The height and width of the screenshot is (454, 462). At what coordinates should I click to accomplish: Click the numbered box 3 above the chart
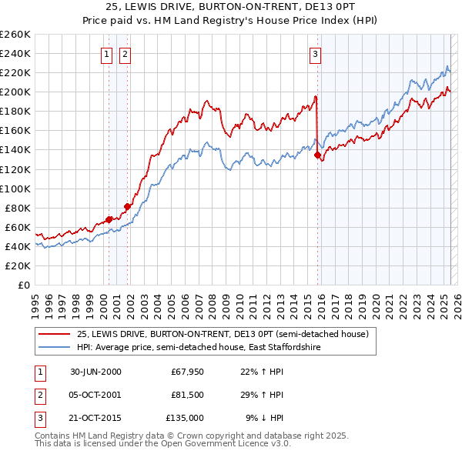click(316, 54)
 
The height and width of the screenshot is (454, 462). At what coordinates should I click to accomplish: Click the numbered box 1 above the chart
click(106, 54)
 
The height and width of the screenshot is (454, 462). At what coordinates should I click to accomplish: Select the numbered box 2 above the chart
click(124, 54)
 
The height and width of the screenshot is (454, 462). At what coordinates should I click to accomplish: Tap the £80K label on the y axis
click(18, 208)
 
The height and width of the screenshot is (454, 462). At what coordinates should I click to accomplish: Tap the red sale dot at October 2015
click(317, 155)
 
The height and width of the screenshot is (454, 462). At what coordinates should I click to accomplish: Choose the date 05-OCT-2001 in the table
click(95, 395)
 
